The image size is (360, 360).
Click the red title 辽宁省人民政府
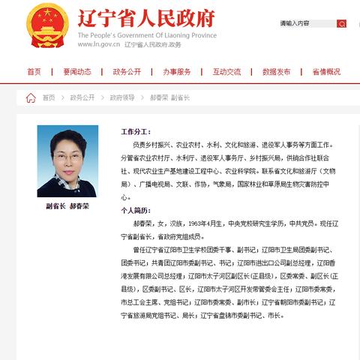pyautogui.click(x=146, y=18)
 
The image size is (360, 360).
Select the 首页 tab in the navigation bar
pyautogui.click(x=34, y=72)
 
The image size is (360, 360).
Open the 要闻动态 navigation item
pyautogui.click(x=77, y=72)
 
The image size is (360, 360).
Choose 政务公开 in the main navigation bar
pyautogui.click(x=127, y=72)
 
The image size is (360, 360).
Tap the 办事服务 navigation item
pyautogui.click(x=177, y=72)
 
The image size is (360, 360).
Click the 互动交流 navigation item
pyautogui.click(x=226, y=72)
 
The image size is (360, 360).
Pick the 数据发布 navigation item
pyautogui.click(x=277, y=72)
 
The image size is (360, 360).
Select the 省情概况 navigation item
pyautogui.click(x=326, y=72)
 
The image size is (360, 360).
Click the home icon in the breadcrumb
pyautogui.click(x=31, y=97)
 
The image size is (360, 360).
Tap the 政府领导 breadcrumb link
pyautogui.click(x=122, y=97)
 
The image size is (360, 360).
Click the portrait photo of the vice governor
pyautogui.click(x=67, y=161)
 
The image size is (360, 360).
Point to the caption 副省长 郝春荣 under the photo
pyautogui.click(x=67, y=206)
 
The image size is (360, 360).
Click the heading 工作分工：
pyautogui.click(x=136, y=131)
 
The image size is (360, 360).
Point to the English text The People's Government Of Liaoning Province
pyautogui.click(x=147, y=34)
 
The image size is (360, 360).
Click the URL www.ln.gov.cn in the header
pyautogui.click(x=99, y=45)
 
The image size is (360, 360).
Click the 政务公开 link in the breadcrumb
pyautogui.click(x=82, y=97)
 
